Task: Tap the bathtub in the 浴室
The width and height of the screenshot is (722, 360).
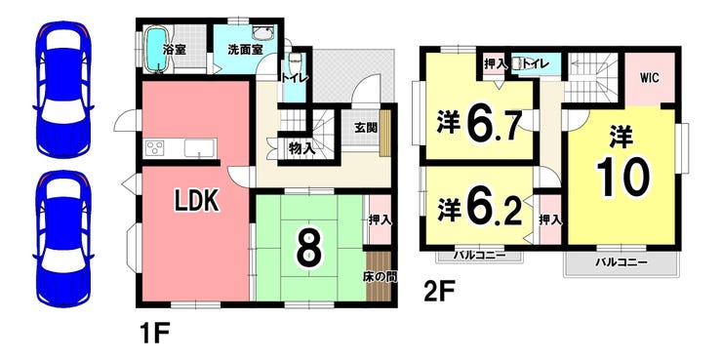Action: [x=157, y=49]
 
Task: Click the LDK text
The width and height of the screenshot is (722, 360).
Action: [x=201, y=201]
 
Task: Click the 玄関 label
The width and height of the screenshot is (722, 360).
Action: [x=366, y=128]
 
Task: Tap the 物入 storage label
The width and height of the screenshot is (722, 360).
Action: [x=301, y=149]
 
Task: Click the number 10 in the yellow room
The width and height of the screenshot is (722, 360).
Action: [x=621, y=178]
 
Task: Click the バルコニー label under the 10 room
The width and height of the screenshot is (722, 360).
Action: [x=621, y=262]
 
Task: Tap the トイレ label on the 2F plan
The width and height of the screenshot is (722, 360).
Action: [x=535, y=63]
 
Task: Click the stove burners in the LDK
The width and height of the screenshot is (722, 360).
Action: [x=157, y=149]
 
